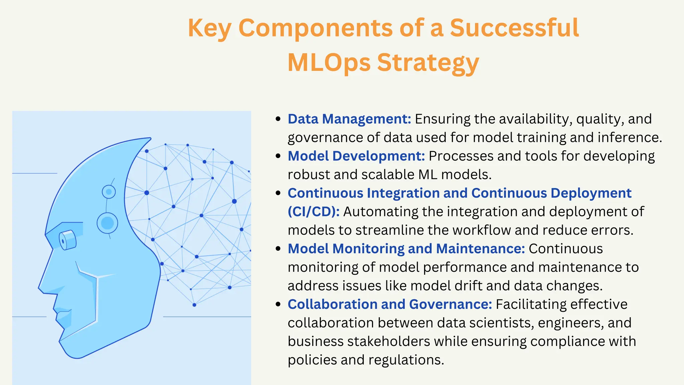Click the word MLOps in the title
point(329,62)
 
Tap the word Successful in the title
point(514,28)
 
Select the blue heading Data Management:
point(349,119)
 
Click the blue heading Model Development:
point(356,156)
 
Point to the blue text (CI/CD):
point(314,212)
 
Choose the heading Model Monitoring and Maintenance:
point(406,249)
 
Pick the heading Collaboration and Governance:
point(390,304)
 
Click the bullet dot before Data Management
point(278,119)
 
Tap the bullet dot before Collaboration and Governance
point(278,304)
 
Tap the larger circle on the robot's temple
point(108,223)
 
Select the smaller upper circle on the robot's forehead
point(109,192)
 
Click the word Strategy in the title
point(428,62)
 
